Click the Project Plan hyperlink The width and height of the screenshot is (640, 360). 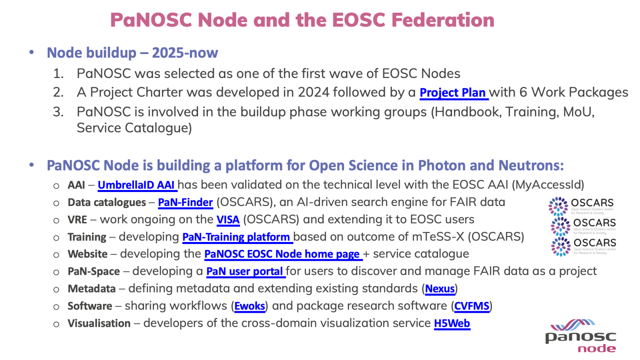pyautogui.click(x=453, y=93)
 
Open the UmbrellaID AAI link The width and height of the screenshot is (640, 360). pyautogui.click(x=136, y=185)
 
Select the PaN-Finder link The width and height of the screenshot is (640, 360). pyautogui.click(x=185, y=202)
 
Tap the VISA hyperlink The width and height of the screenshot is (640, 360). pyautogui.click(x=228, y=220)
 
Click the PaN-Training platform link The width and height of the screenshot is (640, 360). pyautogui.click(x=236, y=237)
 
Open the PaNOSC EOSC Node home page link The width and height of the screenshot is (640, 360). pyautogui.click(x=282, y=254)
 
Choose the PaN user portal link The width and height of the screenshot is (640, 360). pyautogui.click(x=245, y=272)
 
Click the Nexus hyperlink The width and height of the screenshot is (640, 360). pyautogui.click(x=440, y=289)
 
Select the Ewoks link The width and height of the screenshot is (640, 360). pyautogui.click(x=250, y=306)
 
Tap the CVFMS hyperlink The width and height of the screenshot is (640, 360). pyautogui.click(x=472, y=306)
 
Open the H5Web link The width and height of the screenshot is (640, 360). pyautogui.click(x=452, y=323)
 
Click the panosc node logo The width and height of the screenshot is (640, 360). pyautogui.click(x=581, y=336)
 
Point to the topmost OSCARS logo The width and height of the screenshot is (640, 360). pyautogui.click(x=581, y=206)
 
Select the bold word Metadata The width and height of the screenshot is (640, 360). pyautogui.click(x=92, y=289)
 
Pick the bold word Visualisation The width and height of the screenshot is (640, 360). pyautogui.click(x=99, y=323)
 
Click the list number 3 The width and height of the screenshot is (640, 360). pyautogui.click(x=58, y=112)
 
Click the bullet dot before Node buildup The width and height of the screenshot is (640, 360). pyautogui.click(x=32, y=52)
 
